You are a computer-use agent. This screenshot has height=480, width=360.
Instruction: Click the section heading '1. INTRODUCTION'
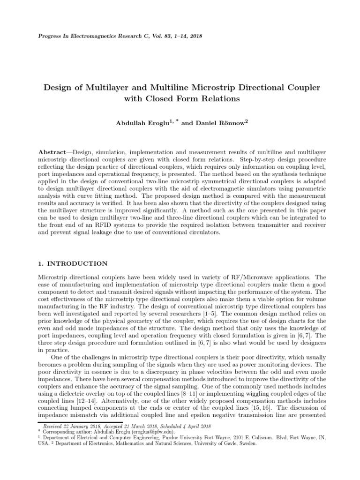[x=73, y=264]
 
